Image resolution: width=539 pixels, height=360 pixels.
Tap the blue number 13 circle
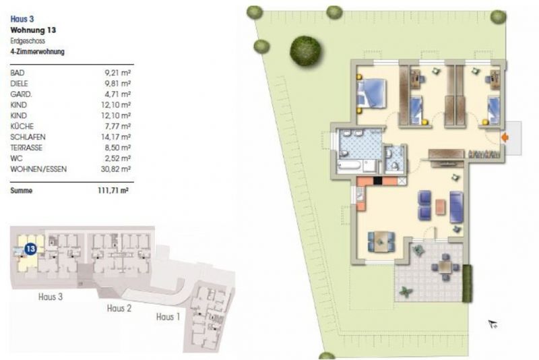coord(31,249)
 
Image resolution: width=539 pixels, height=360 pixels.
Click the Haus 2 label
coord(119,308)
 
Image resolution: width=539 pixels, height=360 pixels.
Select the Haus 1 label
coord(168,317)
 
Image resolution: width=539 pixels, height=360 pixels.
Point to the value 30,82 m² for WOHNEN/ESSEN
coord(116,169)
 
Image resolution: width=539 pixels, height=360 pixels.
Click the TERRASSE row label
coord(26,148)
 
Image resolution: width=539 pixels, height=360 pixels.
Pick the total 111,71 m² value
coord(113,191)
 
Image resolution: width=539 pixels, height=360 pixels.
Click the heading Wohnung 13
coord(33,30)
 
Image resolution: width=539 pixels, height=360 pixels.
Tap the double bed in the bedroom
coord(371,94)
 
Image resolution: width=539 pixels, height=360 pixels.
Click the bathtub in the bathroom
coord(350,166)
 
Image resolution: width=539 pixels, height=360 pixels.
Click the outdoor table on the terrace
coord(445,267)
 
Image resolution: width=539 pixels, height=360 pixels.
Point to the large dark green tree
coord(306,51)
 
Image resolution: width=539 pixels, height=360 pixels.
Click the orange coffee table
coord(441,207)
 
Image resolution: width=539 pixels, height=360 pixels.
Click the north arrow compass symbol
coord(493,324)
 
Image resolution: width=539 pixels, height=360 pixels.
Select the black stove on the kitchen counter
coord(378,181)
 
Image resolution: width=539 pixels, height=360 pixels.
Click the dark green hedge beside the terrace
coord(467,284)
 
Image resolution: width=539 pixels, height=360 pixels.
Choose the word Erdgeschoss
coord(28,41)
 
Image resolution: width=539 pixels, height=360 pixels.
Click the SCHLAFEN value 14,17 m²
coord(116,138)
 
